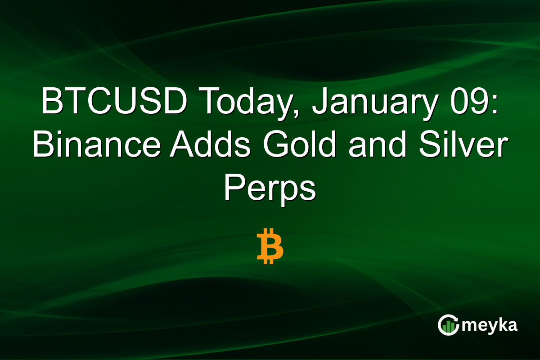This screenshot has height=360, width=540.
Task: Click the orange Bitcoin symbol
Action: coord(270,246)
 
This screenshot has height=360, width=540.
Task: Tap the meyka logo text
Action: coord(490,325)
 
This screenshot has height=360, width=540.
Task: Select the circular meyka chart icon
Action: coord(448,325)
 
